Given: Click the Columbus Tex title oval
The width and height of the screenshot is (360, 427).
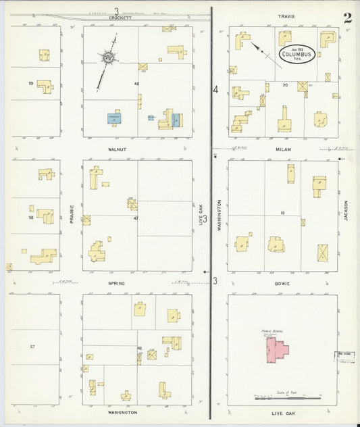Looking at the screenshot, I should pyautogui.click(x=297, y=53).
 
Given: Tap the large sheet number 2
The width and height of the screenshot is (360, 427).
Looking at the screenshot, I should pyautogui.click(x=346, y=18).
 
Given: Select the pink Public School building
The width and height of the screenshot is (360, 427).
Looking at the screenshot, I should pyautogui.click(x=276, y=351).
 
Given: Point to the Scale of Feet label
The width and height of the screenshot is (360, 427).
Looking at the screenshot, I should pyautogui.click(x=286, y=392).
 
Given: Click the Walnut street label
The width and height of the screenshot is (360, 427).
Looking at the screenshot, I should pyautogui.click(x=117, y=149).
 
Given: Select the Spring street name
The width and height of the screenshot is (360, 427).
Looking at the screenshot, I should pyautogui.click(x=116, y=283).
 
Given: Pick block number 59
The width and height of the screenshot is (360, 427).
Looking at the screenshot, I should pyautogui.click(x=31, y=83).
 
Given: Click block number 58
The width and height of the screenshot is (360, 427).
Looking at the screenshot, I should pyautogui.click(x=30, y=218).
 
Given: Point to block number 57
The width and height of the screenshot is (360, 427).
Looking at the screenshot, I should pyautogui.click(x=32, y=346).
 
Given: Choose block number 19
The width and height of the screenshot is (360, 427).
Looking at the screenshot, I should pyautogui.click(x=282, y=213).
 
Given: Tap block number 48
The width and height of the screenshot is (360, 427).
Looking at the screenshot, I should pyautogui.click(x=139, y=348).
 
